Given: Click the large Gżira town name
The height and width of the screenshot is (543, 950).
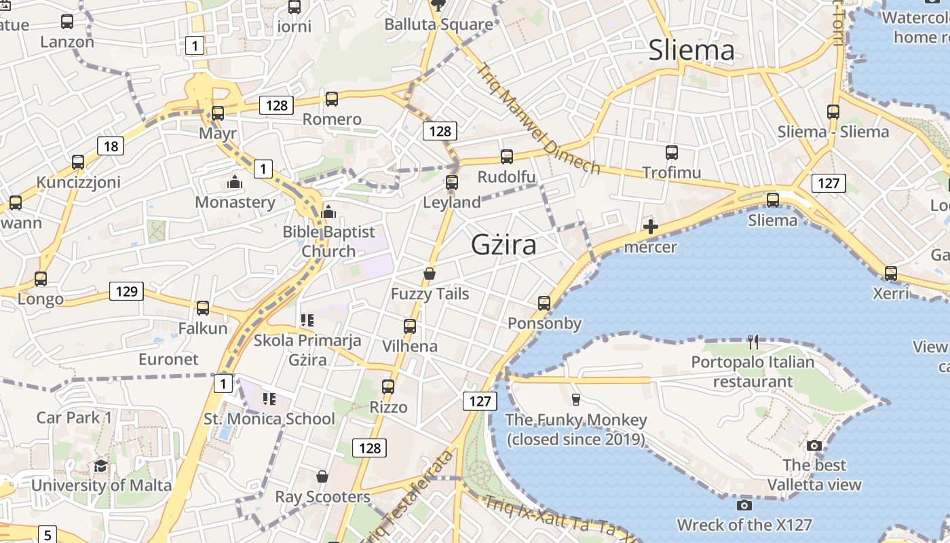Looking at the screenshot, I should [503, 245].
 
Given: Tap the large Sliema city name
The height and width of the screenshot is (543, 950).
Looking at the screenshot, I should [691, 50].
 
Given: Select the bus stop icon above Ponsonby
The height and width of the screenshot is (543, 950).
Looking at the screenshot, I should [544, 303].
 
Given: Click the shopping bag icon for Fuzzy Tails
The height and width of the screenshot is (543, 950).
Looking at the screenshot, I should [429, 274].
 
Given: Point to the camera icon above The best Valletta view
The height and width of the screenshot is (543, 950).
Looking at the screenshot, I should [814, 445].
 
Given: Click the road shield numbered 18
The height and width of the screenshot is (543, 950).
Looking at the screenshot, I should [111, 146].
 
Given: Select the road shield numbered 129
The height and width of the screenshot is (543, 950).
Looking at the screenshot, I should [127, 292].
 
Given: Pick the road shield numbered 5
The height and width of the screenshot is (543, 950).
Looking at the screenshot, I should [47, 535].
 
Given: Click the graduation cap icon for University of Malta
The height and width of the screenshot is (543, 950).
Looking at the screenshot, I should [101, 466].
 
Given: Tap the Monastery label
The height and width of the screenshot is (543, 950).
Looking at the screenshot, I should [235, 202].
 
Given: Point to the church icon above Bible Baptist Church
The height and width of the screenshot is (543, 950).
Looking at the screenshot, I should [328, 212].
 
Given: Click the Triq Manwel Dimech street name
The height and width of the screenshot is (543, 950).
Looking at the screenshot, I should [539, 119].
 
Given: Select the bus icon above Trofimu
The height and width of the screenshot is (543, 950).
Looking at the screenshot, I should [672, 153].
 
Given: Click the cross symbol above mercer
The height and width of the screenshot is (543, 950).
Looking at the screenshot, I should [651, 227].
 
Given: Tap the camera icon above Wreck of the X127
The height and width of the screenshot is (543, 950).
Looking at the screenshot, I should [744, 505].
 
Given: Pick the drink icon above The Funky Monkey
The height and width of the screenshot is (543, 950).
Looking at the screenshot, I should [576, 399].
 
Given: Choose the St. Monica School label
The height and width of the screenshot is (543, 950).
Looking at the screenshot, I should [269, 419].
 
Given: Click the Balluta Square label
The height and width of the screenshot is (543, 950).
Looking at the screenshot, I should [438, 24].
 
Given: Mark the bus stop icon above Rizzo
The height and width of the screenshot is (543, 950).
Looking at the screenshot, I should [388, 387].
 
